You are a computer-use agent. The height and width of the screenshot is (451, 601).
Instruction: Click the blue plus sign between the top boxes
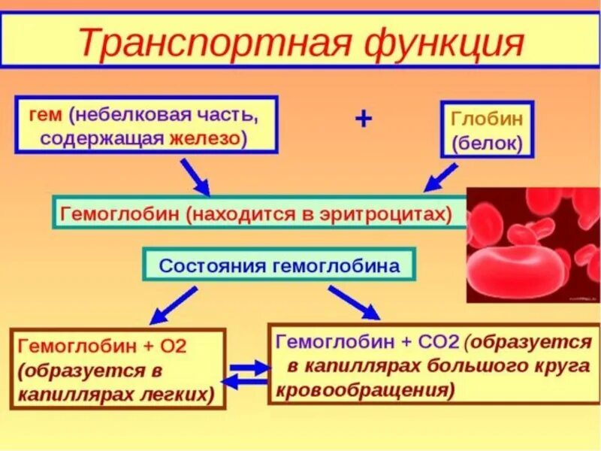click(363, 119)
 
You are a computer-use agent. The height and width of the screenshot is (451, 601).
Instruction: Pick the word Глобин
click(487, 118)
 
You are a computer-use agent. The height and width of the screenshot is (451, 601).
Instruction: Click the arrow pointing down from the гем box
click(196, 178)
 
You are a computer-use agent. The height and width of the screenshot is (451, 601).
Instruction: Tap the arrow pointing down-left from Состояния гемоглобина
click(172, 306)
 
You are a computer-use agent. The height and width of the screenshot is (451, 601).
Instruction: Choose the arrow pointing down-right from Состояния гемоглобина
click(355, 302)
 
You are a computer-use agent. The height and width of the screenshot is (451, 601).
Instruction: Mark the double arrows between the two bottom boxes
click(247, 374)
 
